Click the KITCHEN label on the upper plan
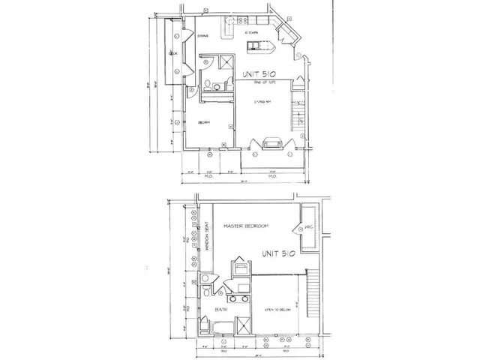252,34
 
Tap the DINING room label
202,36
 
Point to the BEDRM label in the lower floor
204,122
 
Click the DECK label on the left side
172,54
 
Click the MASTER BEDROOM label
246,226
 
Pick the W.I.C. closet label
307,228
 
